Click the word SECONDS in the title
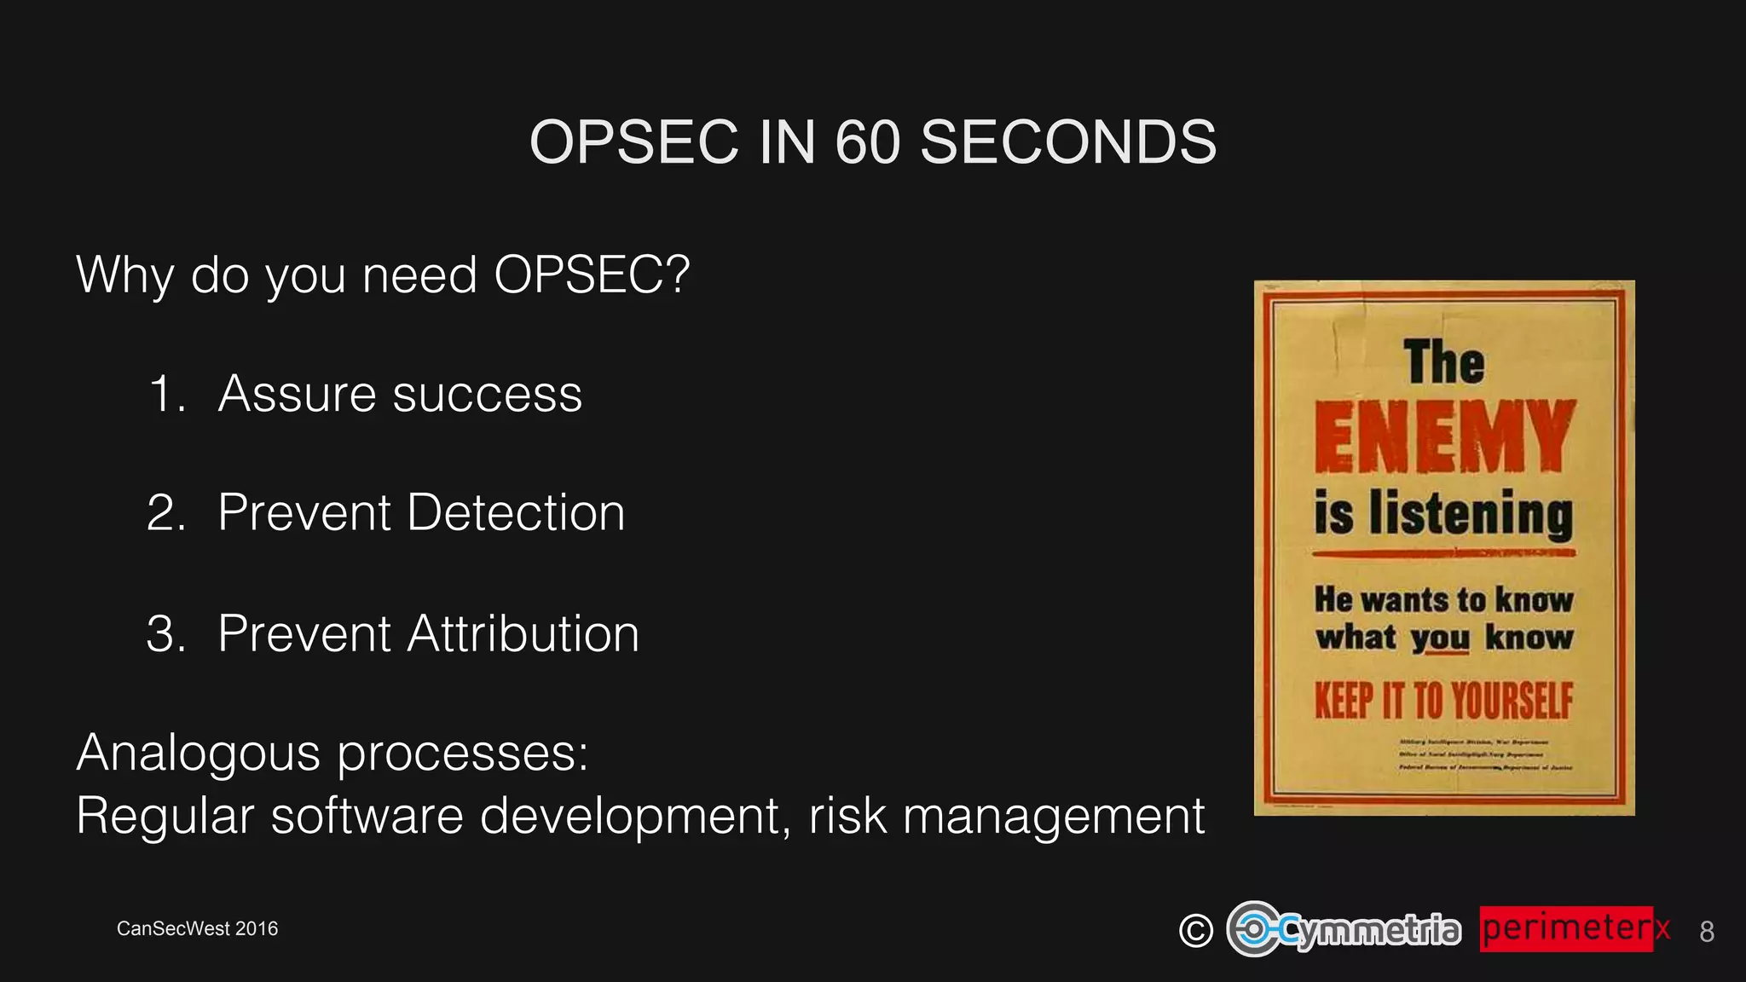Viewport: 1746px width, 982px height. [x=1068, y=142]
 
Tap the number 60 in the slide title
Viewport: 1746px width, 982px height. [x=867, y=142]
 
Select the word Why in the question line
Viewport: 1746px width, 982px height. [x=125, y=275]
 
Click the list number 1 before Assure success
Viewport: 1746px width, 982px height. [x=165, y=395]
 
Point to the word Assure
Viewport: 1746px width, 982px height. [x=297, y=395]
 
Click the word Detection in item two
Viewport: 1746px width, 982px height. [x=516, y=513]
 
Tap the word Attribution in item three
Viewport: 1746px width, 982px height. [x=523, y=634]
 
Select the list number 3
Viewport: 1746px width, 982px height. [x=164, y=634]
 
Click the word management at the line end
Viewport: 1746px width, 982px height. [x=1054, y=816]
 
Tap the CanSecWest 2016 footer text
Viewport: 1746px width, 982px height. [x=197, y=928]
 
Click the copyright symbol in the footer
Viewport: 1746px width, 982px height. [x=1195, y=930]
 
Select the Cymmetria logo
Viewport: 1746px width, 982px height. [x=1344, y=929]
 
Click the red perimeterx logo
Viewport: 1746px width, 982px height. [x=1574, y=928]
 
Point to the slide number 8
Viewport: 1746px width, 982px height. [x=1706, y=932]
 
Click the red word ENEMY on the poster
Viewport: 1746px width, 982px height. [x=1443, y=437]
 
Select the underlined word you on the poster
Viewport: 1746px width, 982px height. [x=1440, y=638]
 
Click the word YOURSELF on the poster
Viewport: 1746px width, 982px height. [x=1512, y=702]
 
